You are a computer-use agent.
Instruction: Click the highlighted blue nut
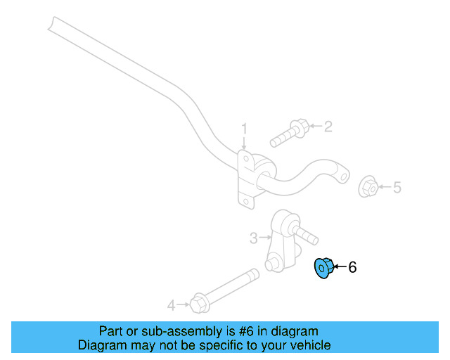(323, 268)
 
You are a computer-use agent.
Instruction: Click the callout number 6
(353, 267)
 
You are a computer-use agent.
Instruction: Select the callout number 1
(245, 129)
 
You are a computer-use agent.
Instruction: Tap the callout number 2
(328, 127)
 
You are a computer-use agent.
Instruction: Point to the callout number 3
(254, 238)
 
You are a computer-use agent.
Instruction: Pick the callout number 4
(171, 305)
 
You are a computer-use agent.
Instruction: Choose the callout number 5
(397, 187)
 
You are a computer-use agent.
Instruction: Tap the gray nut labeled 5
(368, 187)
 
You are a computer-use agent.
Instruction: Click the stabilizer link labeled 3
(282, 239)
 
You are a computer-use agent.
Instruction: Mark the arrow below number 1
(245, 143)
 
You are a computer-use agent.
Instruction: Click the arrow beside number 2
(314, 127)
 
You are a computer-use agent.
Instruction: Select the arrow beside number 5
(384, 187)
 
